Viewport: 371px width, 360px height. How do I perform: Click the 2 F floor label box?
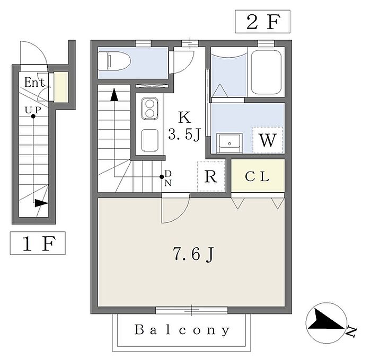[x=262, y=23]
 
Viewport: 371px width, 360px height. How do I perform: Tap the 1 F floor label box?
[x=38, y=244]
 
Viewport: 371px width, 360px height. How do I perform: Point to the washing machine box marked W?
[x=268, y=141]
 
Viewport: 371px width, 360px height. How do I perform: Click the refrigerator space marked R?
[x=210, y=176]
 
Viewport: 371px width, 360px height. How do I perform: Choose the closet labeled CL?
[x=258, y=177]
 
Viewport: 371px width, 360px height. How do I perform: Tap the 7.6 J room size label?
[x=192, y=255]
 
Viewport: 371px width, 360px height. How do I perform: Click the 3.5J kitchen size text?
[x=183, y=135]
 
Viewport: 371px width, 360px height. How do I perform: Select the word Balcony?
[x=182, y=330]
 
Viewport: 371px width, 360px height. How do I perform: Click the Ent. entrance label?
[x=35, y=83]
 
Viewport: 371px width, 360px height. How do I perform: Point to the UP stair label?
[x=33, y=109]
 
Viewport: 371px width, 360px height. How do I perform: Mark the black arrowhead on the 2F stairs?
[x=114, y=95]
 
